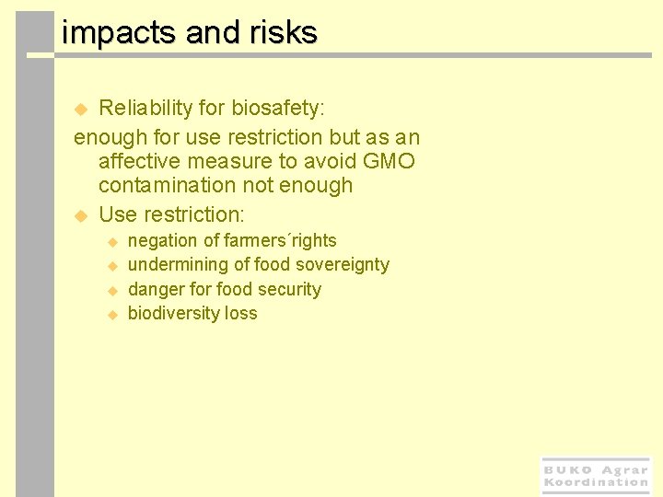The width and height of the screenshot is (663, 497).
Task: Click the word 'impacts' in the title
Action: tap(119, 33)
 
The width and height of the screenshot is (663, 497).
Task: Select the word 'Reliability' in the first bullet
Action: tap(145, 109)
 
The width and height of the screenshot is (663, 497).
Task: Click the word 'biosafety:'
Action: tap(277, 109)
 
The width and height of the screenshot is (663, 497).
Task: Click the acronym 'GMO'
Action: tap(389, 162)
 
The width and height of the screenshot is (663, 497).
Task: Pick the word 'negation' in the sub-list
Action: tap(162, 241)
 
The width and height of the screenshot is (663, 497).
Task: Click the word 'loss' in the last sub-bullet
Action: tap(242, 314)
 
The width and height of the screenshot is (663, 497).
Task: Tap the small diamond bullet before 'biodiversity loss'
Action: tap(112, 315)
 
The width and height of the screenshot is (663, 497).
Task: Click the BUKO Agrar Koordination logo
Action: tap(596, 476)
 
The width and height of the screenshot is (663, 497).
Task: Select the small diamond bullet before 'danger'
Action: tap(112, 290)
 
